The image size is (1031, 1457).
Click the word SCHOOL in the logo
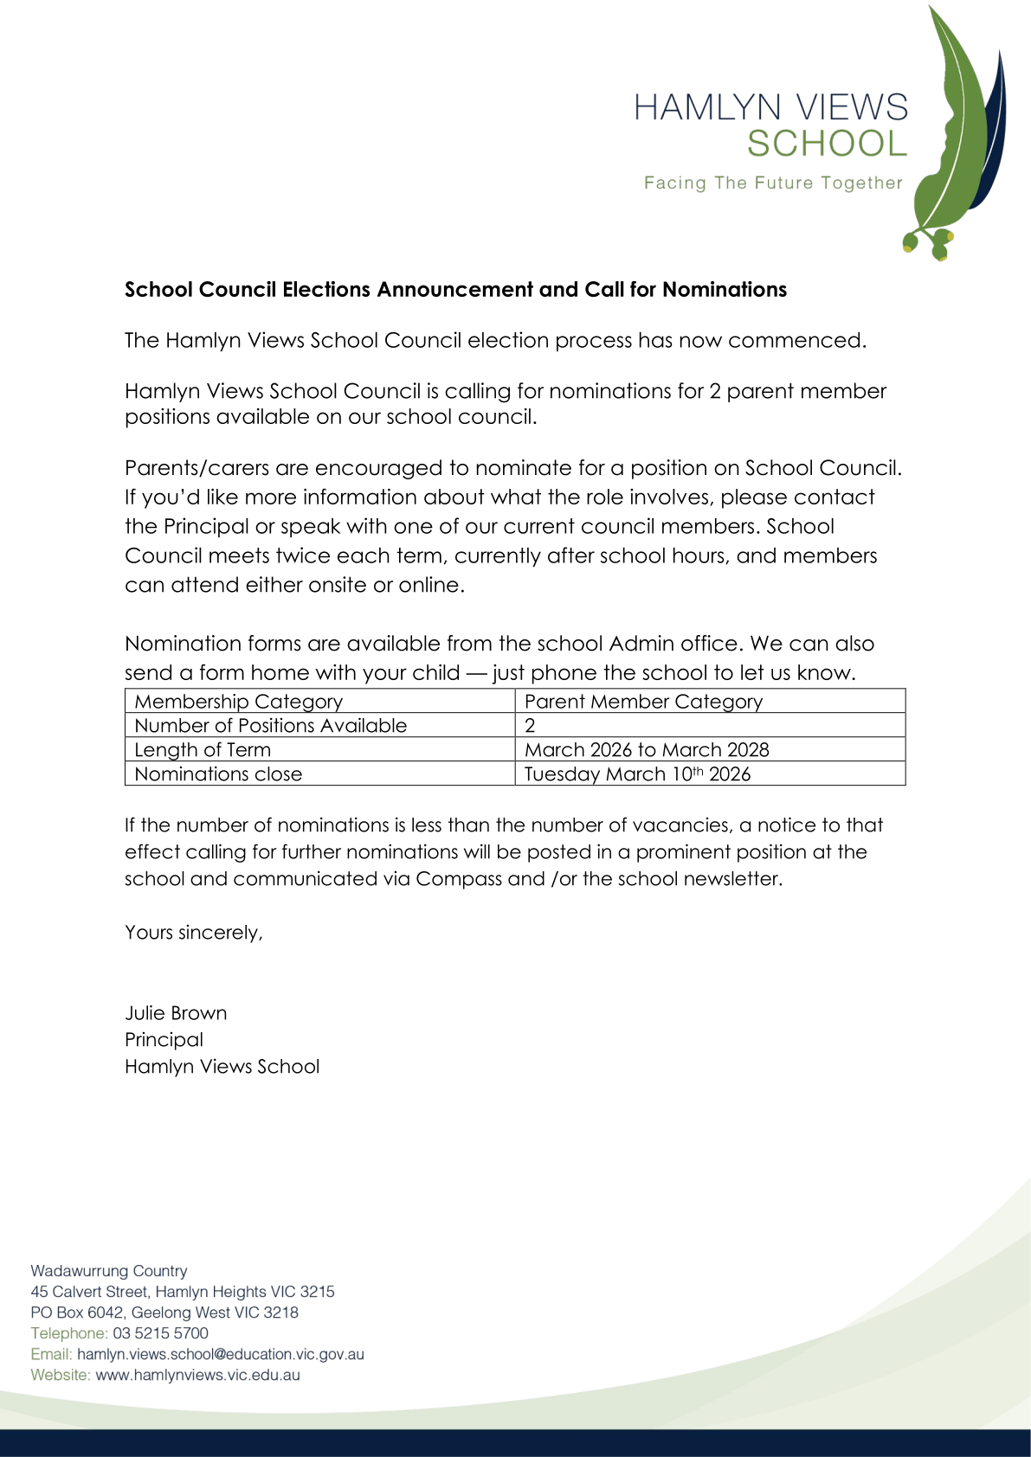827,144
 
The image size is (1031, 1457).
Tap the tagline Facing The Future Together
773,183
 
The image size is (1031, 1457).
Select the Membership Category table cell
239,702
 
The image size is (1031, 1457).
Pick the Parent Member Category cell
643,702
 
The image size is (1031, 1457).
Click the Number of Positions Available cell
270,726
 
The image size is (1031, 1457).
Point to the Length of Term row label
203,750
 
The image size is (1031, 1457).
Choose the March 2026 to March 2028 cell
647,750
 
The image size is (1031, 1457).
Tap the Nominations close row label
218,774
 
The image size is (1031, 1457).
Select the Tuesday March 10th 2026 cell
637,774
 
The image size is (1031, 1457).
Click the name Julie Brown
176,1013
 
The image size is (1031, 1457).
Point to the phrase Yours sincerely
193,933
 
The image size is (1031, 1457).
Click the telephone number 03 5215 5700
160,1333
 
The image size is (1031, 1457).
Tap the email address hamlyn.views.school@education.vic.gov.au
220,1354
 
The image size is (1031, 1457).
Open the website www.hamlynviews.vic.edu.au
197,1375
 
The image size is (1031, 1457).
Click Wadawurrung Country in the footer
109,1271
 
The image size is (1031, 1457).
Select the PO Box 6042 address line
164,1313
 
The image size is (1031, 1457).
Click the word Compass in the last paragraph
458,879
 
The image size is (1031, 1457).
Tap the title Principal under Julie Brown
164,1040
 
